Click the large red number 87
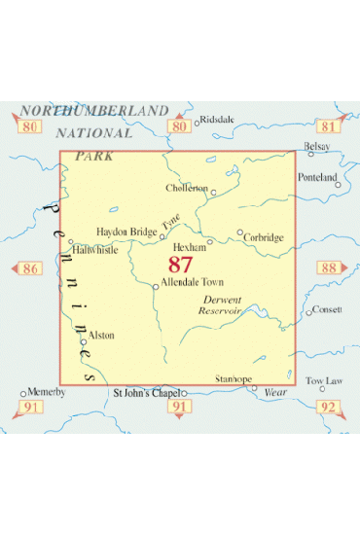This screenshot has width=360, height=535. point(180,264)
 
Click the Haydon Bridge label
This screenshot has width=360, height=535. point(126,232)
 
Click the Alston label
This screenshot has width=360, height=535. point(101,335)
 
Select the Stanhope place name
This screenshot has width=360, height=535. point(233,378)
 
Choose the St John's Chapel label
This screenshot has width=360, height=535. point(146,394)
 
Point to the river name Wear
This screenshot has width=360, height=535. point(275,393)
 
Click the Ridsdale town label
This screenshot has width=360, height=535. point(217,121)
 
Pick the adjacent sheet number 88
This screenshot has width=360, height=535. point(327,268)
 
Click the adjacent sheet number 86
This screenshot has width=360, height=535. point(30,268)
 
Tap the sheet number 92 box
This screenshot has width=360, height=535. point(328,407)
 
